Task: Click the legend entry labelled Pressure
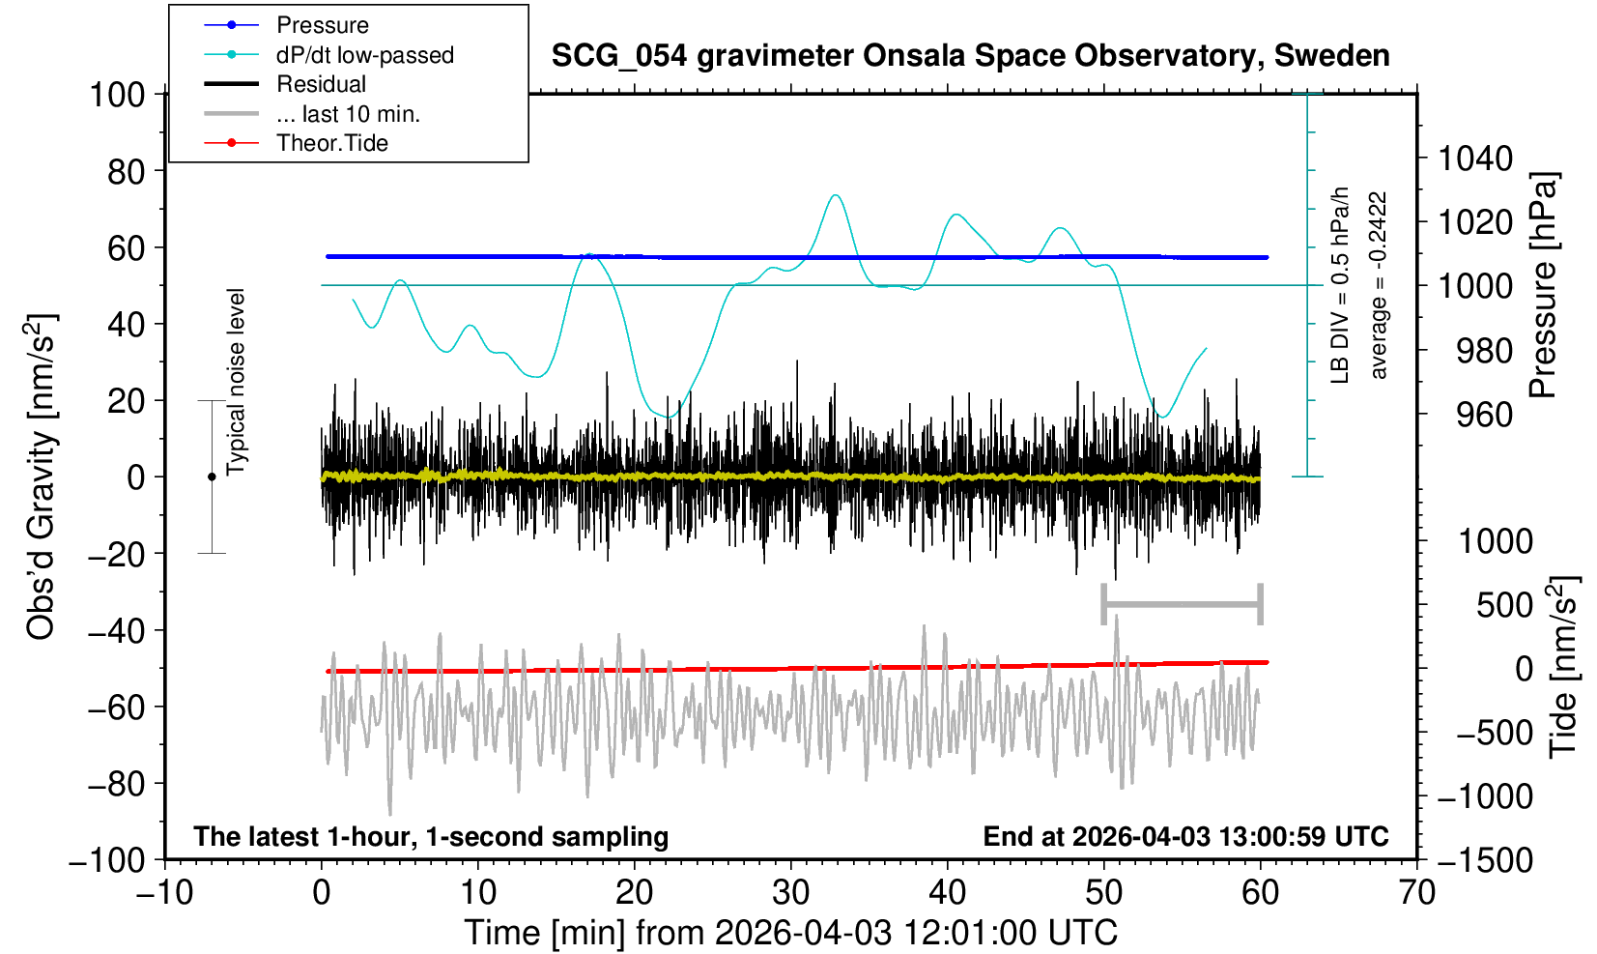[x=322, y=25]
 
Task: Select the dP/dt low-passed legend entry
[x=364, y=55]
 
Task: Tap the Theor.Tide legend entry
[x=331, y=143]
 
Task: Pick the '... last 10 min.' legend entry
[x=348, y=114]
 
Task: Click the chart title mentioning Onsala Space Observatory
[x=970, y=56]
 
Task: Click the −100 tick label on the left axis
[x=107, y=859]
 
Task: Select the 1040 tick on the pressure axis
[x=1475, y=158]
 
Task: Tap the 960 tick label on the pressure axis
[x=1484, y=415]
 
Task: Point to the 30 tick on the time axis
[x=790, y=892]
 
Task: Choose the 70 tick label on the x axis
[x=1416, y=892]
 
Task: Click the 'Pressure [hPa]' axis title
[x=1543, y=286]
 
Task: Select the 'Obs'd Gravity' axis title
[x=43, y=477]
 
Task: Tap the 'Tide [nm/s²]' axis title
[x=1563, y=667]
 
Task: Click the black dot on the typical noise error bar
[x=212, y=477]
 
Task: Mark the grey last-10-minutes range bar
[x=1182, y=605]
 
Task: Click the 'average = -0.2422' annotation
[x=1379, y=285]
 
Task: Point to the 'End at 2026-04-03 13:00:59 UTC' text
[x=1185, y=836]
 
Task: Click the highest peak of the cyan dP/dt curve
[x=835, y=195]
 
